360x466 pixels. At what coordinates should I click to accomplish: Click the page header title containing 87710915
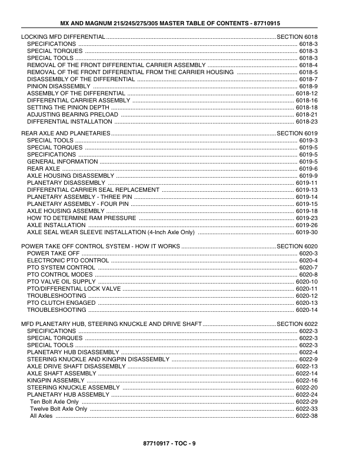click(180, 23)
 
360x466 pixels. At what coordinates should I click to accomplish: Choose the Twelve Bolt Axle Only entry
click(58, 408)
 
